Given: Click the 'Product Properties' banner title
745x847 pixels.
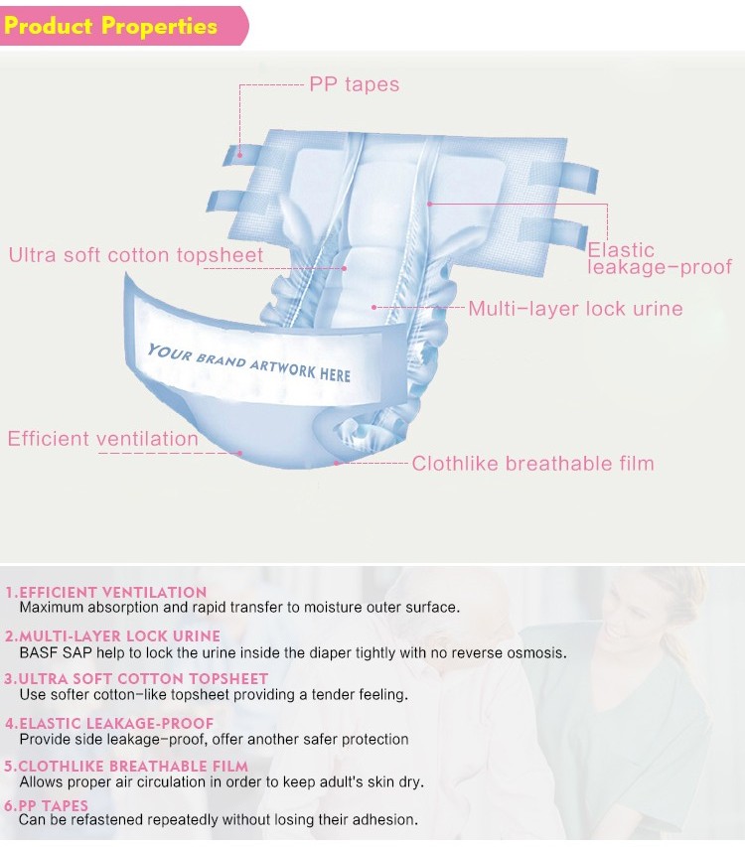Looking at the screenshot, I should [110, 26].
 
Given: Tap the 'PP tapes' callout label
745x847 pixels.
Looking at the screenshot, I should [354, 84].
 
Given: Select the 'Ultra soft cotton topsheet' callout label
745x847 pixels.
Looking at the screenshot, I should [136, 255].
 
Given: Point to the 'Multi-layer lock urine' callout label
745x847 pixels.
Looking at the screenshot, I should [575, 308].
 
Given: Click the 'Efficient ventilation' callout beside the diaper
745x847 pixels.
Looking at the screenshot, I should [103, 438].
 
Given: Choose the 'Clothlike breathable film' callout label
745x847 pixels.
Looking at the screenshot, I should [532, 463].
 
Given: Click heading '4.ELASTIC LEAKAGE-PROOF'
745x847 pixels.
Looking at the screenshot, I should [109, 724].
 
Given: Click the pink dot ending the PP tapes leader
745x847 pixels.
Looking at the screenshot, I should [239, 155].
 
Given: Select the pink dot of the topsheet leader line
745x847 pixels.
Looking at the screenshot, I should [345, 267].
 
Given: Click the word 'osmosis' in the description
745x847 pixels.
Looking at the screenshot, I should [537, 652].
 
